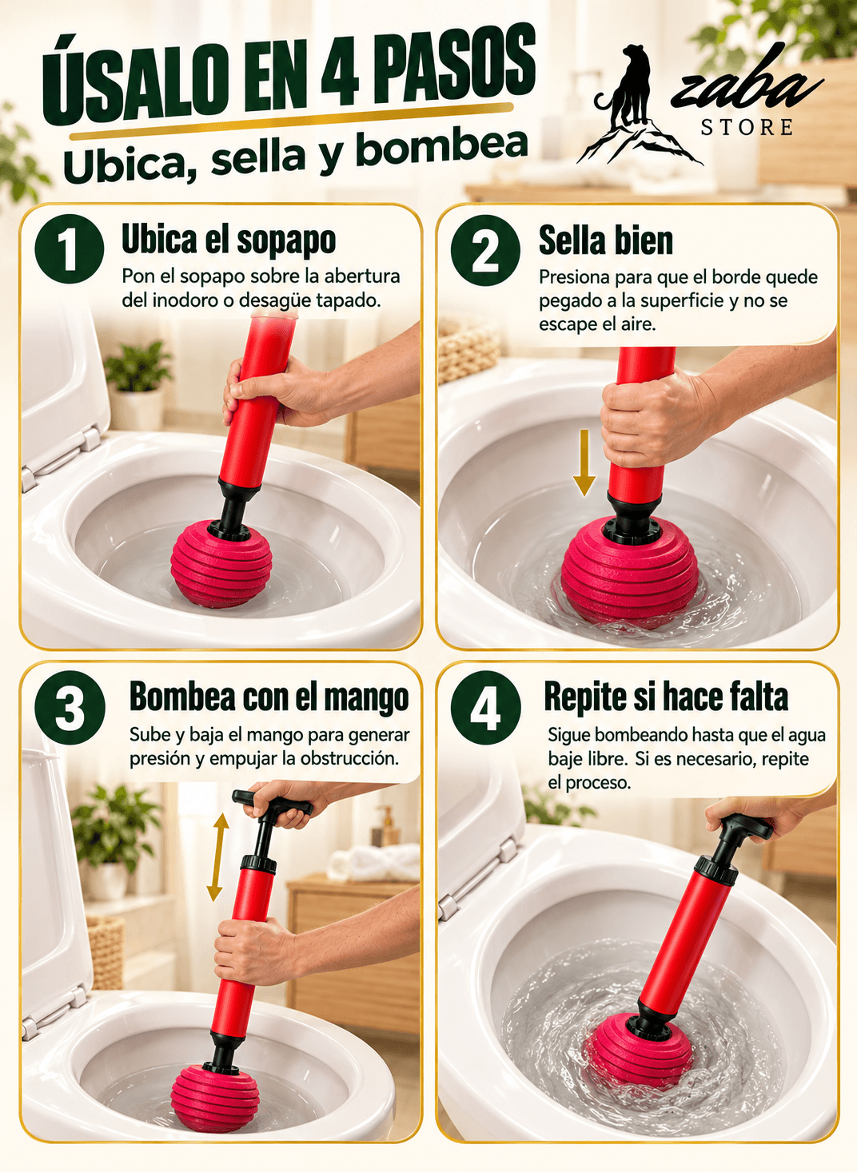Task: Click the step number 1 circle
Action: pos(70,249)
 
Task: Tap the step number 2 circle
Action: pos(486,250)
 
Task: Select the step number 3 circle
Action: pos(70,708)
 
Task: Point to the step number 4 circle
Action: pos(486,708)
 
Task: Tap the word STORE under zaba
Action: pos(747,127)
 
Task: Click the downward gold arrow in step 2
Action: pos(584,462)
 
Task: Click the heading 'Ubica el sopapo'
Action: pos(229,240)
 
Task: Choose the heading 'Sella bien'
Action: pos(606,240)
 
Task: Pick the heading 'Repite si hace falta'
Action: pos(666,697)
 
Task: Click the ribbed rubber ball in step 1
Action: pos(221,563)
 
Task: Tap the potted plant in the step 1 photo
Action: pos(138,385)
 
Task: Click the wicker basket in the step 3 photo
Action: pos(106,952)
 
